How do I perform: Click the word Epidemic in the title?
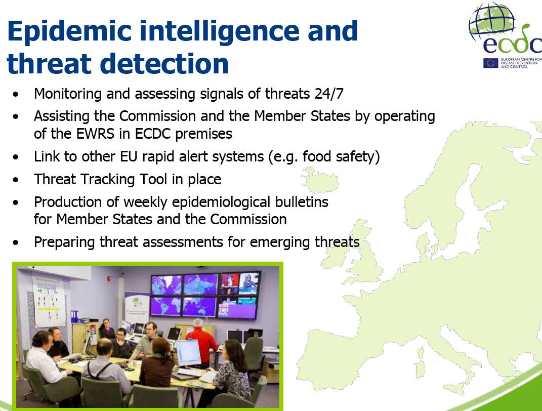click(69, 31)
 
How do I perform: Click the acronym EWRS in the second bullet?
click(95, 134)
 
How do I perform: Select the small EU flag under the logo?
click(490, 63)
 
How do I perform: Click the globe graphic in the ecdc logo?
click(491, 21)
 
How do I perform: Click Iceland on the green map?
click(320, 180)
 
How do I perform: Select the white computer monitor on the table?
click(188, 353)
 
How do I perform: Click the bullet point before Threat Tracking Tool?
click(16, 180)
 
